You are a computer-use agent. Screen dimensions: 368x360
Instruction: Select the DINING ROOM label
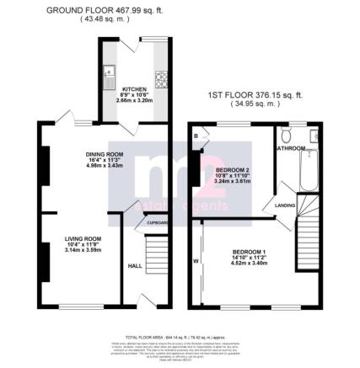[x=105, y=153]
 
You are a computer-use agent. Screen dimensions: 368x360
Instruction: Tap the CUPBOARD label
[x=158, y=222]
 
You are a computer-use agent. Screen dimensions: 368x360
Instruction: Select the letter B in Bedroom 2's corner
[x=196, y=134]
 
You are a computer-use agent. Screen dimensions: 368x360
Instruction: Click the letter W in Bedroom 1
[x=196, y=261]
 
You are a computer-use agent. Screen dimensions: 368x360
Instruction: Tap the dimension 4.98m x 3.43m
[x=105, y=166]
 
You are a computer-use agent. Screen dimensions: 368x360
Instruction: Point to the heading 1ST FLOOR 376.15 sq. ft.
[x=255, y=98]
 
